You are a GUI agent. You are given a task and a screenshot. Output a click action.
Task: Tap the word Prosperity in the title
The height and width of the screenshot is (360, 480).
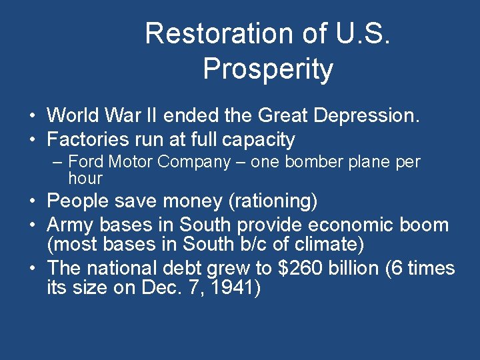pos(268,69)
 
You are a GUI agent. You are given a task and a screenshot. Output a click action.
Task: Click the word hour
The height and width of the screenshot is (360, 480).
pos(85,178)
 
